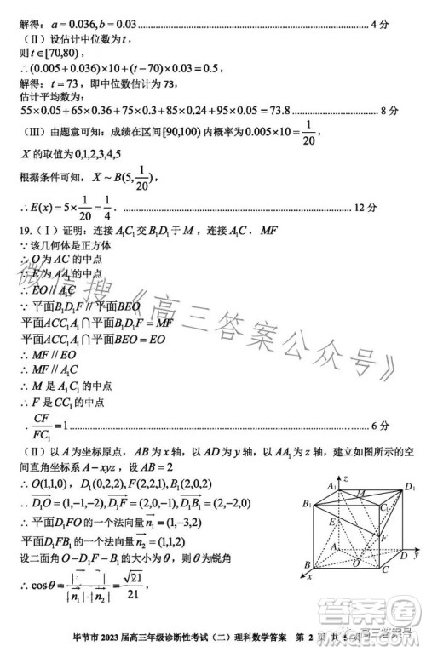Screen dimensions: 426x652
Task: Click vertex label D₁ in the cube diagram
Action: tap(410, 486)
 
